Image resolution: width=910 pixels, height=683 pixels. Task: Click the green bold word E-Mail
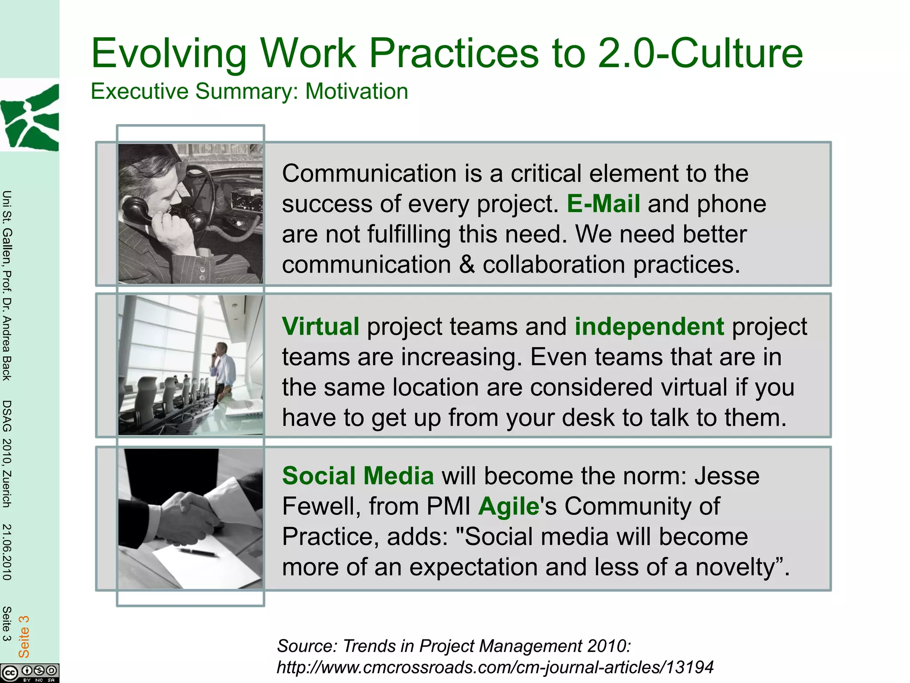click(603, 204)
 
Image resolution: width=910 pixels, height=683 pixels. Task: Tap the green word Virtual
click(320, 327)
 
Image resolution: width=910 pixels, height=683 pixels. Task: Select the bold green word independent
click(649, 327)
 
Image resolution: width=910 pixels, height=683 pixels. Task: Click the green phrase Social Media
click(358, 476)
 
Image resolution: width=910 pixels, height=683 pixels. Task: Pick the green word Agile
click(508, 506)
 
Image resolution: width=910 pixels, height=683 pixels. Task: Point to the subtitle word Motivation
click(356, 92)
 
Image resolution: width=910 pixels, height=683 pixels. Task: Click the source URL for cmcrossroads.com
click(495, 667)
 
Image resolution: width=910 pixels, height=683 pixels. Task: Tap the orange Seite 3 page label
click(24, 636)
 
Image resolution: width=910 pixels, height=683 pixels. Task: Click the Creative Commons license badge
click(29, 672)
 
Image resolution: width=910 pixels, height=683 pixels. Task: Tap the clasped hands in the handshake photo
click(187, 516)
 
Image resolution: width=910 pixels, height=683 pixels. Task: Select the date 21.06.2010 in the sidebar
click(7, 551)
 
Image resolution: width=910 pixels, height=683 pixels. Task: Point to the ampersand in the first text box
click(467, 265)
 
